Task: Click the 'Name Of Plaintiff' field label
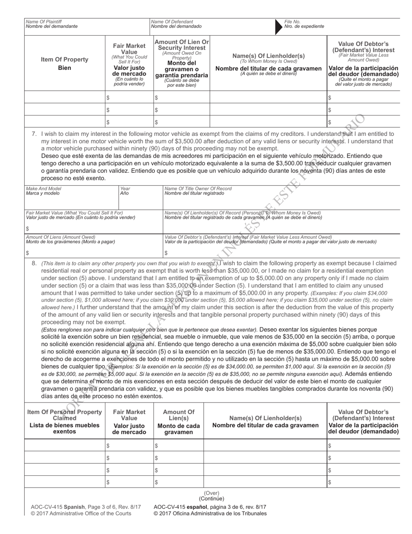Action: coord(44,21)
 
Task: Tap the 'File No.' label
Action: coord(292,21)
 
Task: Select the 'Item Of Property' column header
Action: coord(65,59)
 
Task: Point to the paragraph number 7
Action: coord(35,134)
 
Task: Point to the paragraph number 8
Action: coord(35,263)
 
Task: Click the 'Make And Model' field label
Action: coord(44,189)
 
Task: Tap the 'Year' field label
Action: coord(125,189)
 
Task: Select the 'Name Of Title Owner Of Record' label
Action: coord(198,189)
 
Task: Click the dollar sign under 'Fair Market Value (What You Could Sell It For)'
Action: coord(27,228)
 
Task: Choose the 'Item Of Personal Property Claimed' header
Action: coord(65,415)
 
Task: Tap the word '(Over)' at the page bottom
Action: coord(212,493)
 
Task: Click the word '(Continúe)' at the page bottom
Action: coord(212,498)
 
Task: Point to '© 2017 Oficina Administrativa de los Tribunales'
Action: coord(210,514)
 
